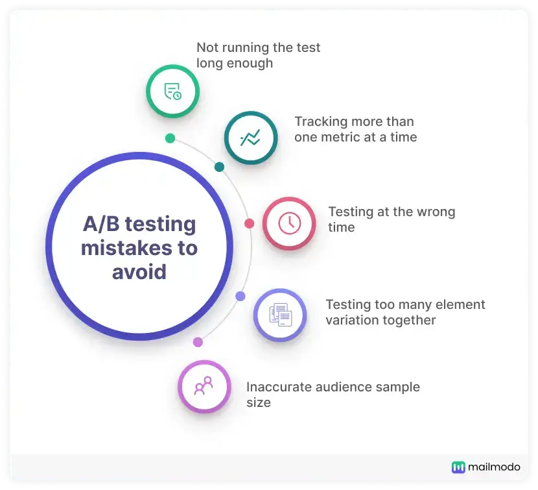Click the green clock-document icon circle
[x=172, y=91]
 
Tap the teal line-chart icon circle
[x=251, y=138]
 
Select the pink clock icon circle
[x=289, y=223]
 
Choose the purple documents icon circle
[x=280, y=315]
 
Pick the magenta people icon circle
[x=204, y=387]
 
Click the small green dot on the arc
[x=170, y=138]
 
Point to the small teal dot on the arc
[x=219, y=167]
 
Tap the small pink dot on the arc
[x=249, y=223]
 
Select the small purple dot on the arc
[x=240, y=296]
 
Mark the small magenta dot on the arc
[x=198, y=342]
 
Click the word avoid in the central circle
[x=139, y=271]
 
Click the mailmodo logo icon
[x=459, y=467]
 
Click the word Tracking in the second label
[x=321, y=121]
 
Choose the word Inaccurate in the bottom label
[x=279, y=387]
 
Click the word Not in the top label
[x=207, y=47]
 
